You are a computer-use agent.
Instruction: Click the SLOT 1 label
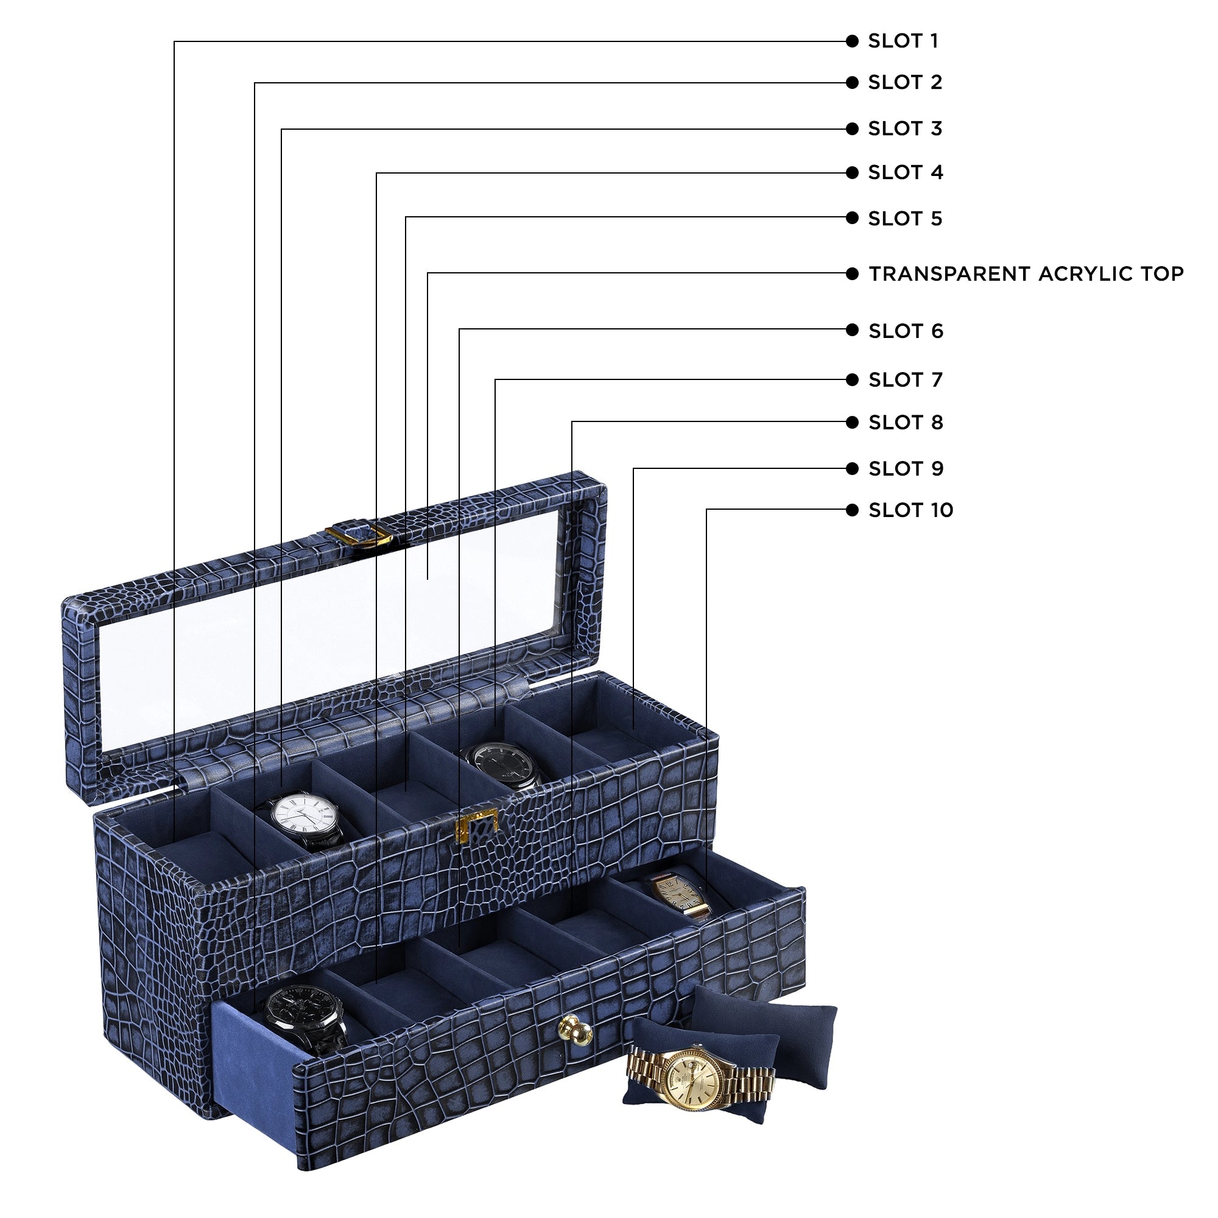click(903, 41)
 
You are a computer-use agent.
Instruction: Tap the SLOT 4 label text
click(906, 172)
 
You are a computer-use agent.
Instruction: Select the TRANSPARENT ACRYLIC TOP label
click(1026, 273)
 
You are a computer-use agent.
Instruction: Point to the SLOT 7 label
click(906, 379)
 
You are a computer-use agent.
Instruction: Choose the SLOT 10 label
click(910, 510)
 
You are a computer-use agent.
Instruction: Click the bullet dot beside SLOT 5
click(853, 218)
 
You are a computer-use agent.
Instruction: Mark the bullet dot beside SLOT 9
click(853, 468)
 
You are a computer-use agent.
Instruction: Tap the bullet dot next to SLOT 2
click(853, 83)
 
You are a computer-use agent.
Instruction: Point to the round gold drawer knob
click(574, 1029)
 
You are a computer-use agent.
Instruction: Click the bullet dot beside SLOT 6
click(853, 329)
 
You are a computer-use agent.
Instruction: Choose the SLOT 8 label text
click(906, 423)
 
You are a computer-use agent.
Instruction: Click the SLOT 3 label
click(905, 128)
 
